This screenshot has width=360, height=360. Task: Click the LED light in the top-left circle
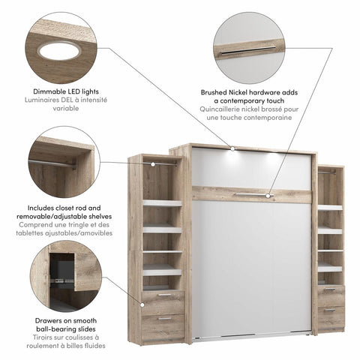pos(59,50)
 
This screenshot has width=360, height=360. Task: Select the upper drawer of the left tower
pos(163,301)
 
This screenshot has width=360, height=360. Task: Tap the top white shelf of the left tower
pos(163,202)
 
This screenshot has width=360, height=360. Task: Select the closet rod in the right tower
pos(328,172)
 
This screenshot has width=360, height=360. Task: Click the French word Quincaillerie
pos(214,109)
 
